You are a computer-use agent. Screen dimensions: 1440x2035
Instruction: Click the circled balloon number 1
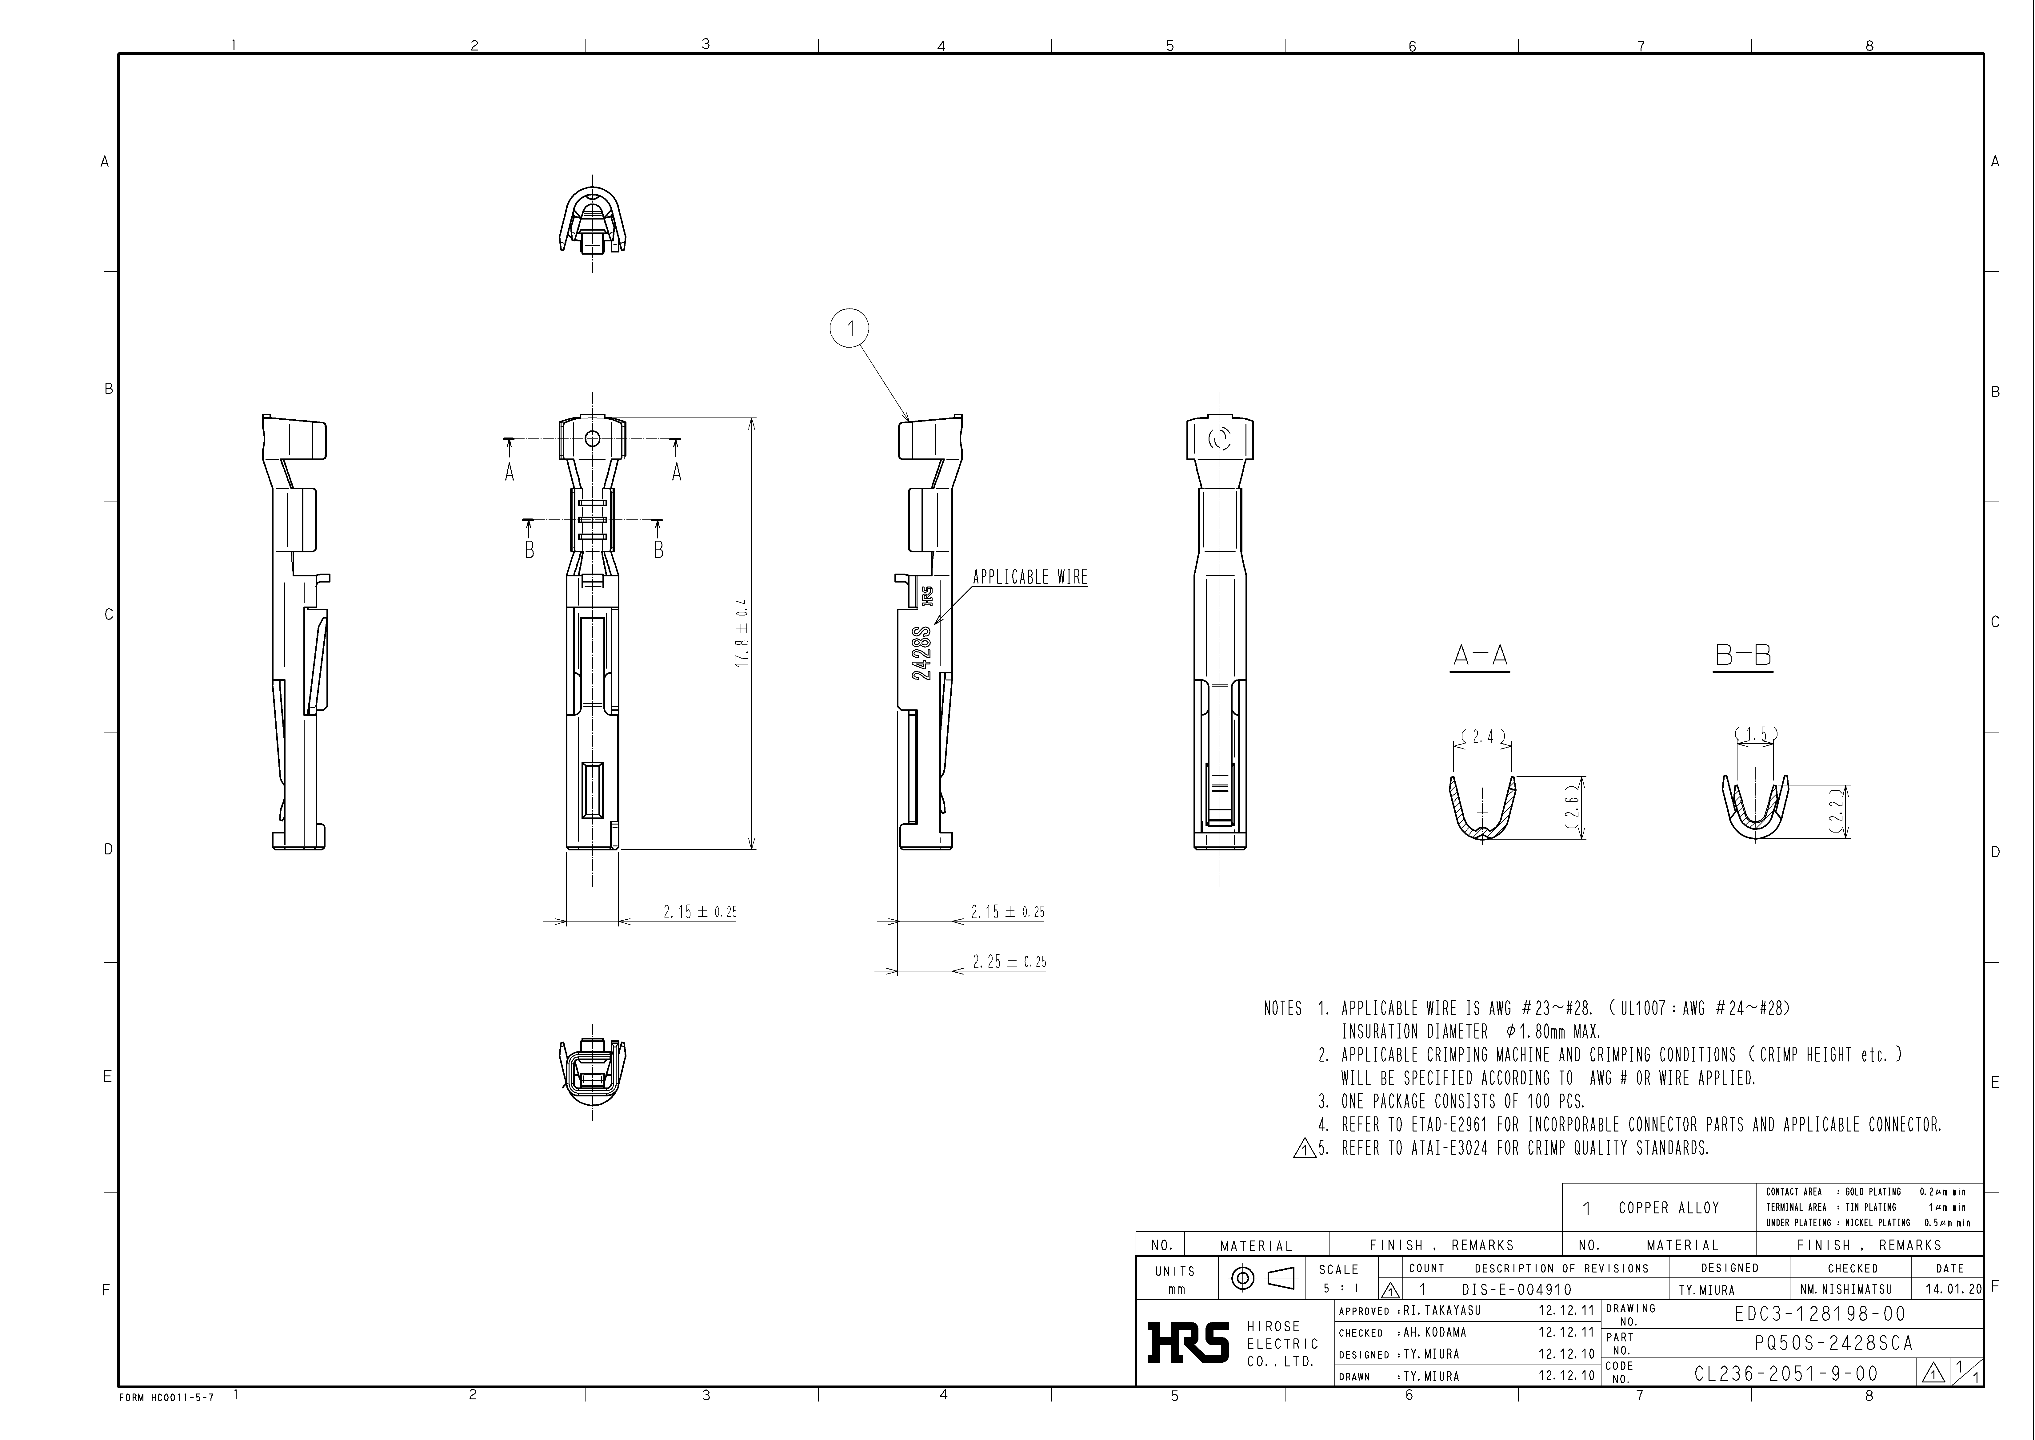[849, 329]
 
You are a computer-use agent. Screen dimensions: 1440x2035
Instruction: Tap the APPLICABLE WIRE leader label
[1030, 577]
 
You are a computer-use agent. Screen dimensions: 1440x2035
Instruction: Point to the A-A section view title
[1479, 656]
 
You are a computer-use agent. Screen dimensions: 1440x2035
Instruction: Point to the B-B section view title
[1742, 656]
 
